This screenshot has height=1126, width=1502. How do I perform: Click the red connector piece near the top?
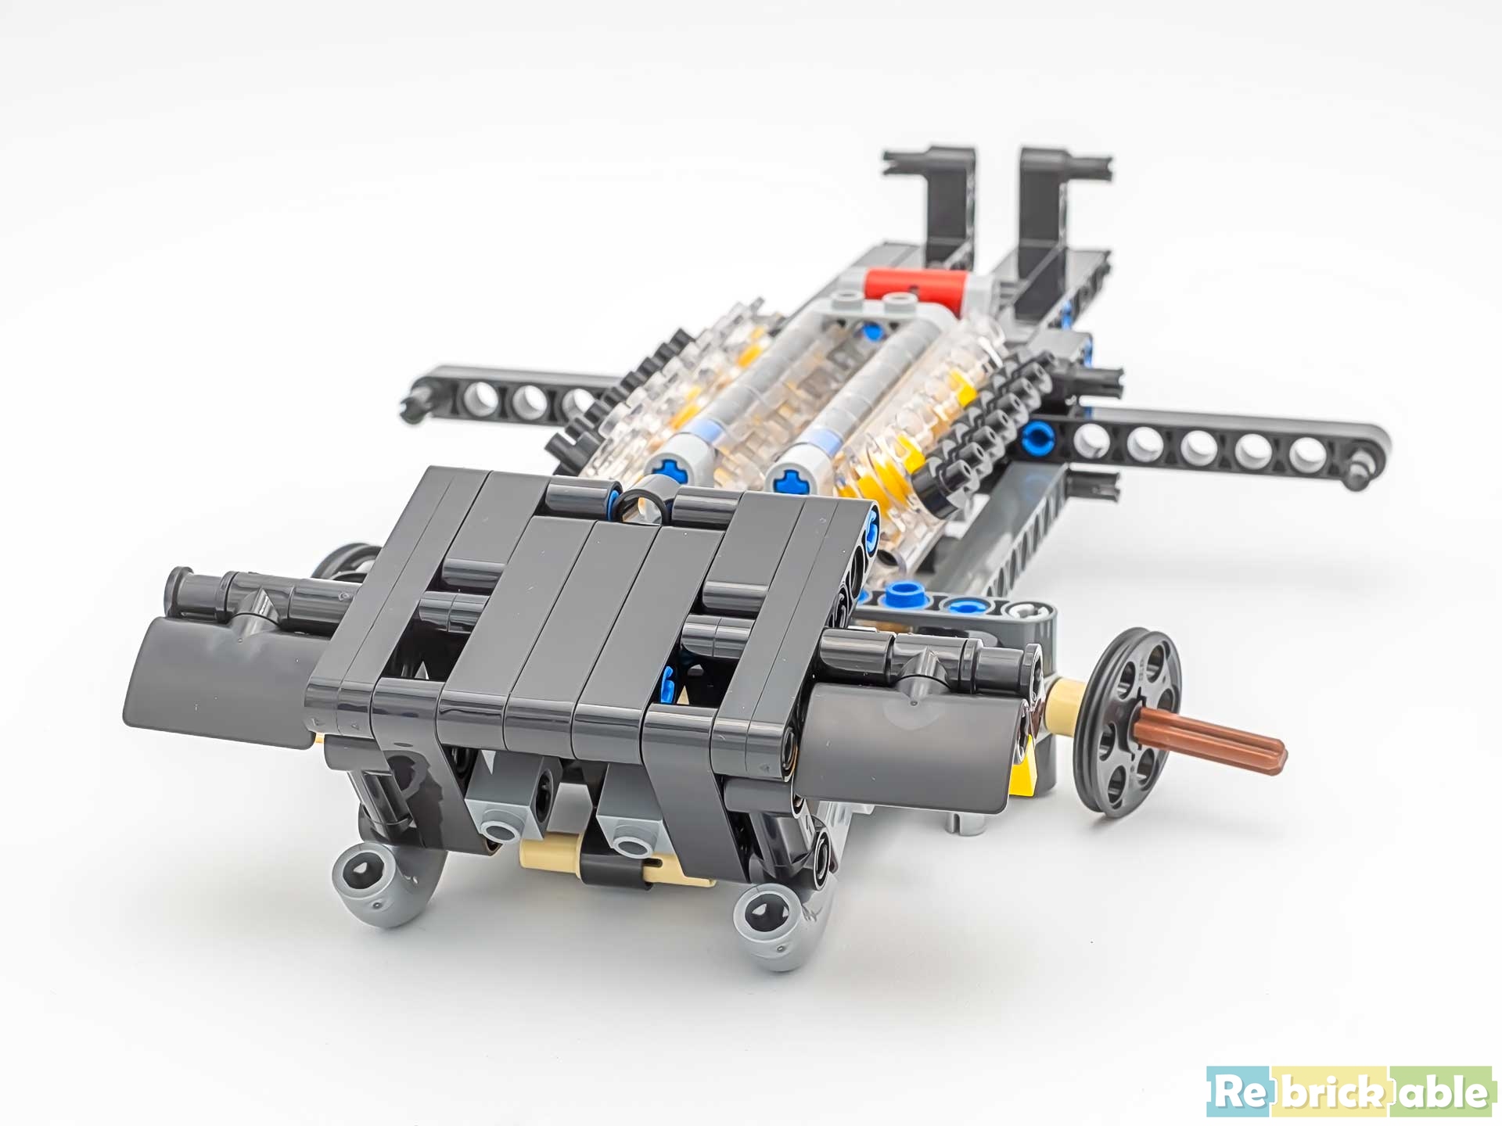[x=915, y=283]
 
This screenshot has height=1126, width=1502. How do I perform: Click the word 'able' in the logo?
[x=1444, y=1092]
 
